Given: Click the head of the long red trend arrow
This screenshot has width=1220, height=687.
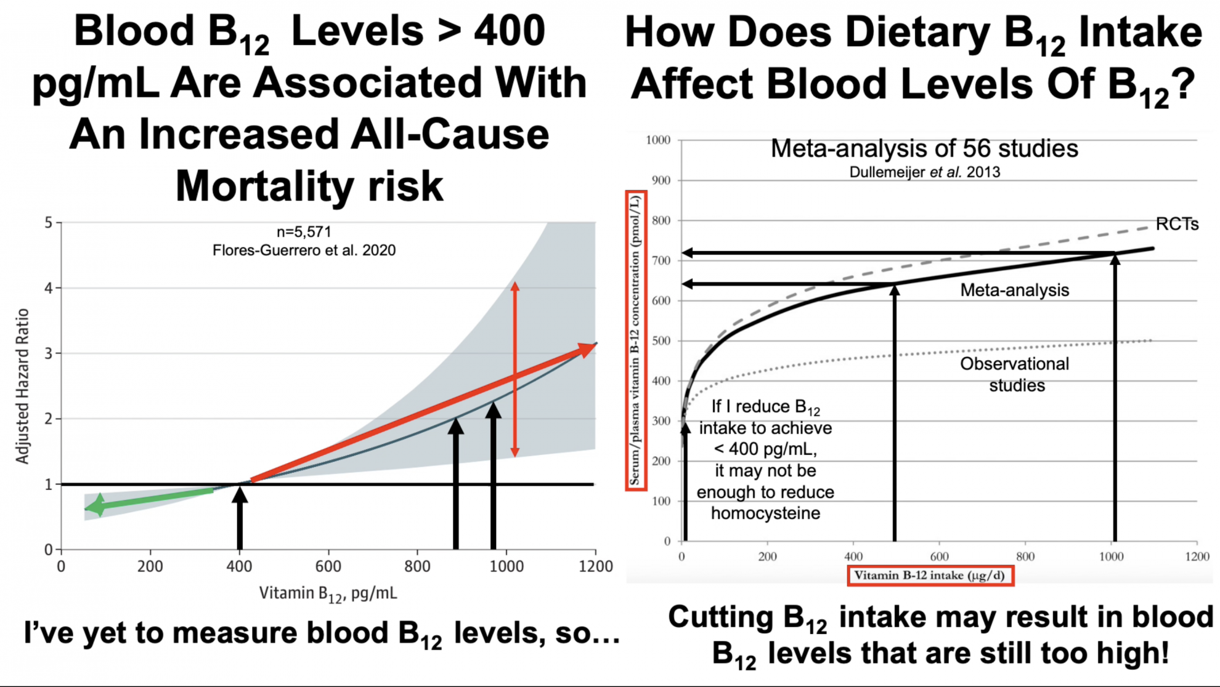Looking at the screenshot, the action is point(586,350).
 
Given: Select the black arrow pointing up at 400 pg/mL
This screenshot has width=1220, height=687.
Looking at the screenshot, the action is point(240,517).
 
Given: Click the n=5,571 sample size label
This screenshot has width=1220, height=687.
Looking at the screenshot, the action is point(304,232).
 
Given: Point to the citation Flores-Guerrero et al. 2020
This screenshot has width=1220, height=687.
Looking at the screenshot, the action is point(304,251).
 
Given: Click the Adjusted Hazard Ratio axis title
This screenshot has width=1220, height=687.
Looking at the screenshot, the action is point(22,386).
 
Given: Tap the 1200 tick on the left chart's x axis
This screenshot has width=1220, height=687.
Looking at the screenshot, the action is point(595,566).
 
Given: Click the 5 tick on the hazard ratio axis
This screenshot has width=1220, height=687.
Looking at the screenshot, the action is point(48,222).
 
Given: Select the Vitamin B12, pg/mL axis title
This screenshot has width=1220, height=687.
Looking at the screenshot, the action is point(328,593).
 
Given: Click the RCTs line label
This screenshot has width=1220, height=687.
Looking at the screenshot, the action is point(1177,224).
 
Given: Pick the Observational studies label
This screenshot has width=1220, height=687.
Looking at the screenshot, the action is point(1015,374).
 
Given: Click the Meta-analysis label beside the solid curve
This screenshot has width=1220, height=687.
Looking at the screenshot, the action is point(1014,290).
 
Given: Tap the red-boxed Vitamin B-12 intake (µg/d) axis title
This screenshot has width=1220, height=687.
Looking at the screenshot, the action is point(930,576).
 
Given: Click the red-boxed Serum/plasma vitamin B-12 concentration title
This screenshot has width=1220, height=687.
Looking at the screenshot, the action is point(635,340).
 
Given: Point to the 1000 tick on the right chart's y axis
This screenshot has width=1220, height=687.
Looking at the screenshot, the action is point(658,140).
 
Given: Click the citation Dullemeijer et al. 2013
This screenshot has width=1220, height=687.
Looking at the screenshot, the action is point(924,172).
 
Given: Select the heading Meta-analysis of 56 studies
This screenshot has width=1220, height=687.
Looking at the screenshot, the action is point(924,148).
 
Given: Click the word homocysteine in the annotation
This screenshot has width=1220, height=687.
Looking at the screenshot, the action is point(765,513).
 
